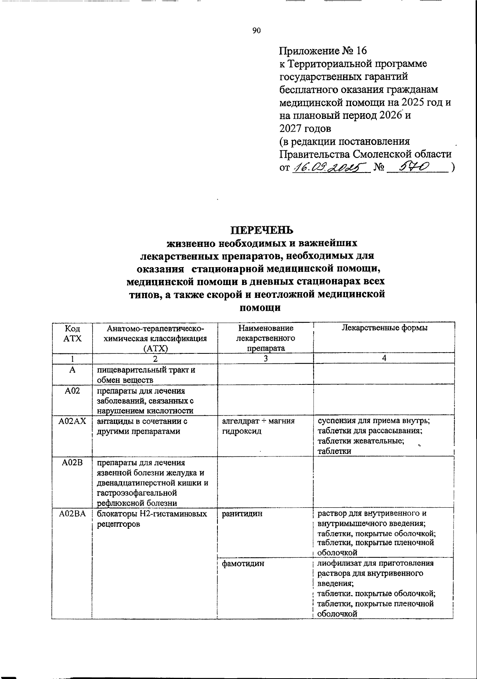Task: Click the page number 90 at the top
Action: [256, 31]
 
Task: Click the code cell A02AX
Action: [72, 421]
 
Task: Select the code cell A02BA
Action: [72, 514]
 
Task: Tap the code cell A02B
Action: [72, 462]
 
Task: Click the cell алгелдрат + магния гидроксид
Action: [258, 426]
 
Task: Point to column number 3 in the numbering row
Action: [265, 358]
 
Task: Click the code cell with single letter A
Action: [72, 369]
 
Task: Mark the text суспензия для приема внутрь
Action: [373, 421]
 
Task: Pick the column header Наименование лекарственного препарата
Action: [265, 338]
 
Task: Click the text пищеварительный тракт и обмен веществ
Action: [147, 374]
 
